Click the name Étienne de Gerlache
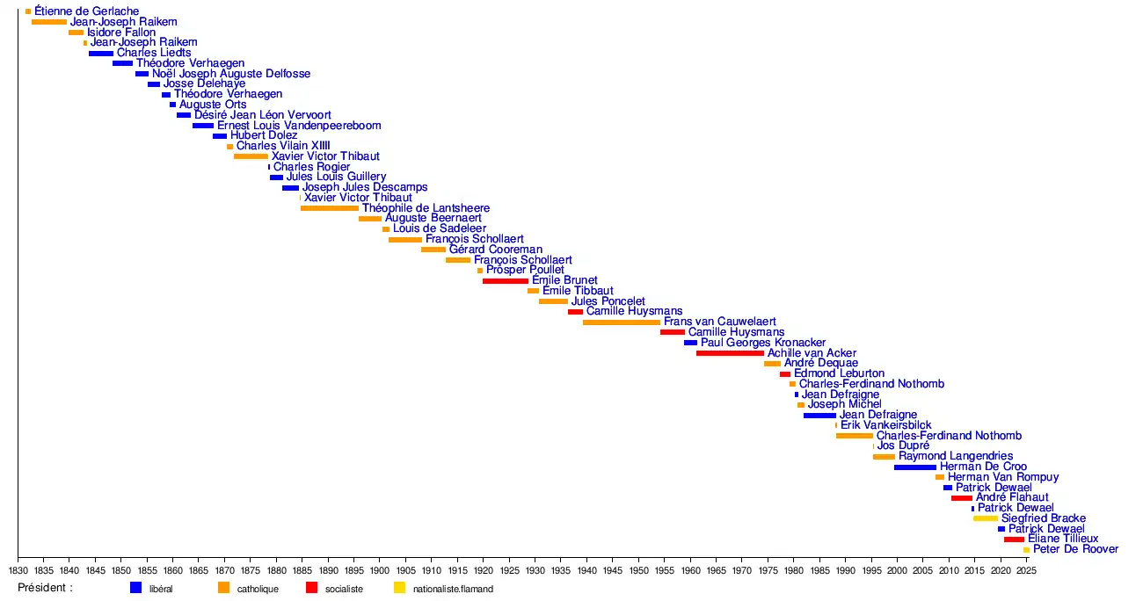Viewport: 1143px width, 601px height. coord(86,11)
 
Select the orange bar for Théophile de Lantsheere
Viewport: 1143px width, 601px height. coord(330,208)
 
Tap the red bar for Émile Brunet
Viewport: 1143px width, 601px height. coord(506,281)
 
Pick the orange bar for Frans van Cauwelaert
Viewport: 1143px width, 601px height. coord(621,322)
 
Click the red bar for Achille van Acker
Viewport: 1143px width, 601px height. coord(730,353)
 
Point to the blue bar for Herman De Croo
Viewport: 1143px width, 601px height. coord(915,467)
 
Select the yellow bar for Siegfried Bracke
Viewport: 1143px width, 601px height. coord(985,518)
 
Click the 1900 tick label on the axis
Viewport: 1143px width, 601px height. coord(380,569)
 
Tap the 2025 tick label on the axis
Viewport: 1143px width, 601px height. coord(1026,569)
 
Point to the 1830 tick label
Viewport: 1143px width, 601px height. coord(18,569)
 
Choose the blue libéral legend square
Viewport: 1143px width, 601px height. coord(135,588)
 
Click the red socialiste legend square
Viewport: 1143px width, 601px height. coord(311,588)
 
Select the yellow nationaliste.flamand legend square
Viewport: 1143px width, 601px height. coord(399,588)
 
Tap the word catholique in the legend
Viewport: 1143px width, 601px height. coord(258,589)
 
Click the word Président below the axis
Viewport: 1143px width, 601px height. coord(45,588)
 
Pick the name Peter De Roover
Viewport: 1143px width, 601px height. coord(1075,549)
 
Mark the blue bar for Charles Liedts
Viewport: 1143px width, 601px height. coord(100,54)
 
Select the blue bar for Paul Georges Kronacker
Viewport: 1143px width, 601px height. coord(690,343)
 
